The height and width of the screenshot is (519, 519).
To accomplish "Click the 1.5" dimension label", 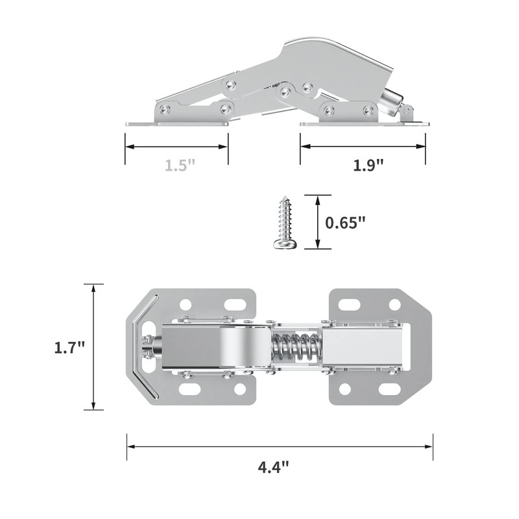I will click(180, 165).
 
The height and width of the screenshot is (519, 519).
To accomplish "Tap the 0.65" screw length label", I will click(345, 222).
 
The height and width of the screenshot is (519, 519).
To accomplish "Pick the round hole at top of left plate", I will click(186, 304).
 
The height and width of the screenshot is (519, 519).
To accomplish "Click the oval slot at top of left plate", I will click(237, 304).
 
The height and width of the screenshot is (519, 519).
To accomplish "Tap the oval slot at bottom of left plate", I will click(190, 389).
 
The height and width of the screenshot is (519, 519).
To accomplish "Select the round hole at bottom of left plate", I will click(240, 389).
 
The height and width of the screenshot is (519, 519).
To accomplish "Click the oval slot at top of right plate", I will click(349, 304).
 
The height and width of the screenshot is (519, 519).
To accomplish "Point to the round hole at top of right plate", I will click(394, 304).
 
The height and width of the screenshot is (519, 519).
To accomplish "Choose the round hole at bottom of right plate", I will click(344, 389).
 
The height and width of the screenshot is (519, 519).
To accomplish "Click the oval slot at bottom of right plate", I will click(390, 389).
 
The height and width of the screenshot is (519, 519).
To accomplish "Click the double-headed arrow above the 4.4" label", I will click(280, 446).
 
